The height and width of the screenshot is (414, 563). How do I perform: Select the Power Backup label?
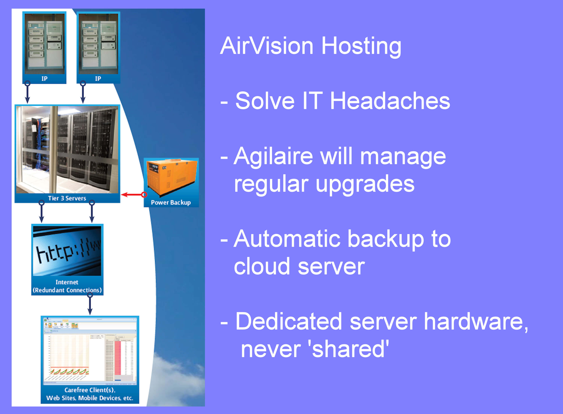pos(171,202)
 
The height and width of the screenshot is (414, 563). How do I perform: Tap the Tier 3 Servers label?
pos(67,198)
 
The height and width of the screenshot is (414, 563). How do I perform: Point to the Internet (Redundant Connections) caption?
pos(67,286)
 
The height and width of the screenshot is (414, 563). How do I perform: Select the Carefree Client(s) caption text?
pos(90,394)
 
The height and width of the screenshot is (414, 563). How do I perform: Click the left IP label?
pos(44,79)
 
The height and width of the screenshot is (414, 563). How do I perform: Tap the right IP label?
pos(98,79)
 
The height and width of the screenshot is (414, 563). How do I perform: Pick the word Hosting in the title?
pos(361,46)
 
